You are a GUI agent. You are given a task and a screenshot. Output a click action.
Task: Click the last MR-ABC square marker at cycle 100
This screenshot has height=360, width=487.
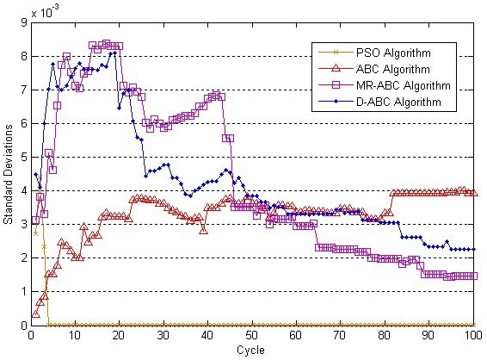[472, 276]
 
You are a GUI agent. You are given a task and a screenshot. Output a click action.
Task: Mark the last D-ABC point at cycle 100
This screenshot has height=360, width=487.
[472, 249]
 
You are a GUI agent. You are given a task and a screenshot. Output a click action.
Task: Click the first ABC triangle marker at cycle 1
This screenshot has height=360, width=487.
[35, 313]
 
